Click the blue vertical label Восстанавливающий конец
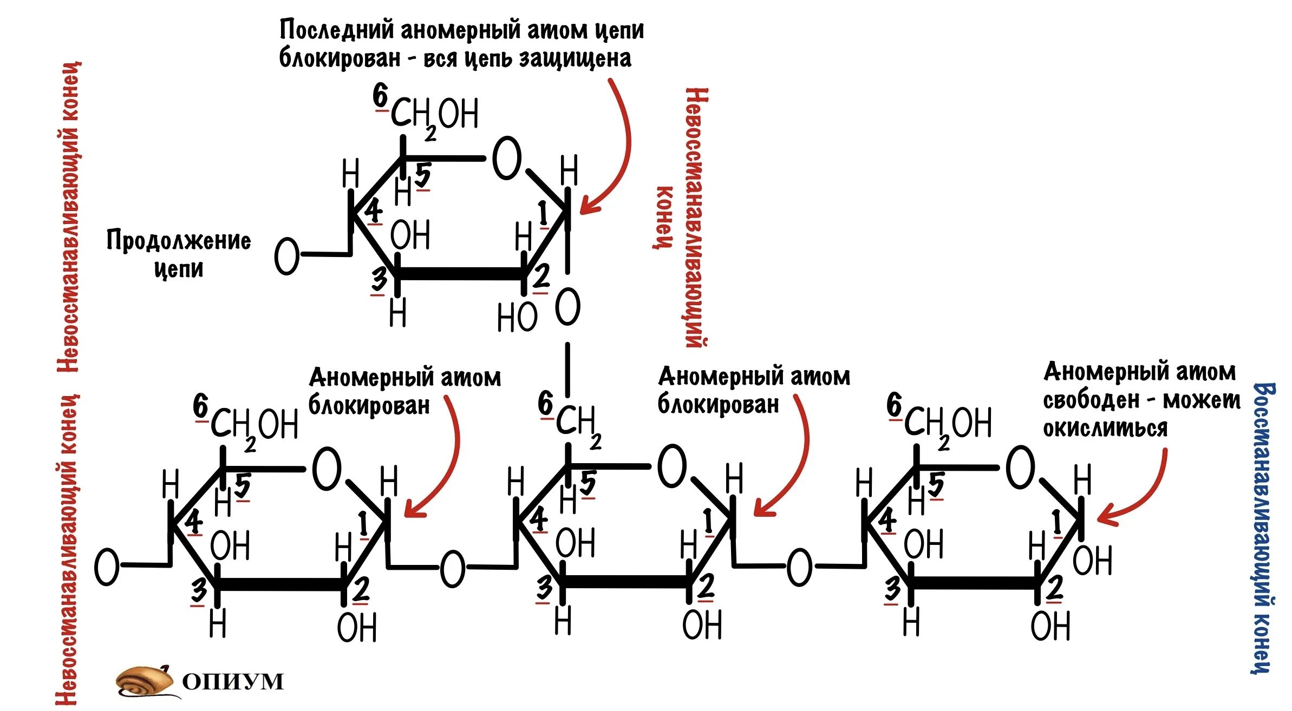click(1264, 528)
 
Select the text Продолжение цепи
click(178, 254)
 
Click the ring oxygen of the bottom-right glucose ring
click(1020, 467)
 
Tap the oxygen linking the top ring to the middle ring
click(567, 307)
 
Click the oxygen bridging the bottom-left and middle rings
click(452, 569)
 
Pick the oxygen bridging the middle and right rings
click(799, 568)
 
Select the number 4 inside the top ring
click(374, 210)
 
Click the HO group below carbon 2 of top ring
click(517, 318)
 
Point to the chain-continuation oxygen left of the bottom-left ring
click(107, 567)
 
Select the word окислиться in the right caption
click(1105, 429)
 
